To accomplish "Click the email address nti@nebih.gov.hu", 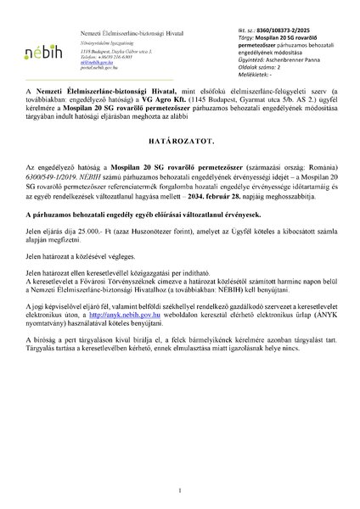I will pyautogui.click(x=97, y=38).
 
